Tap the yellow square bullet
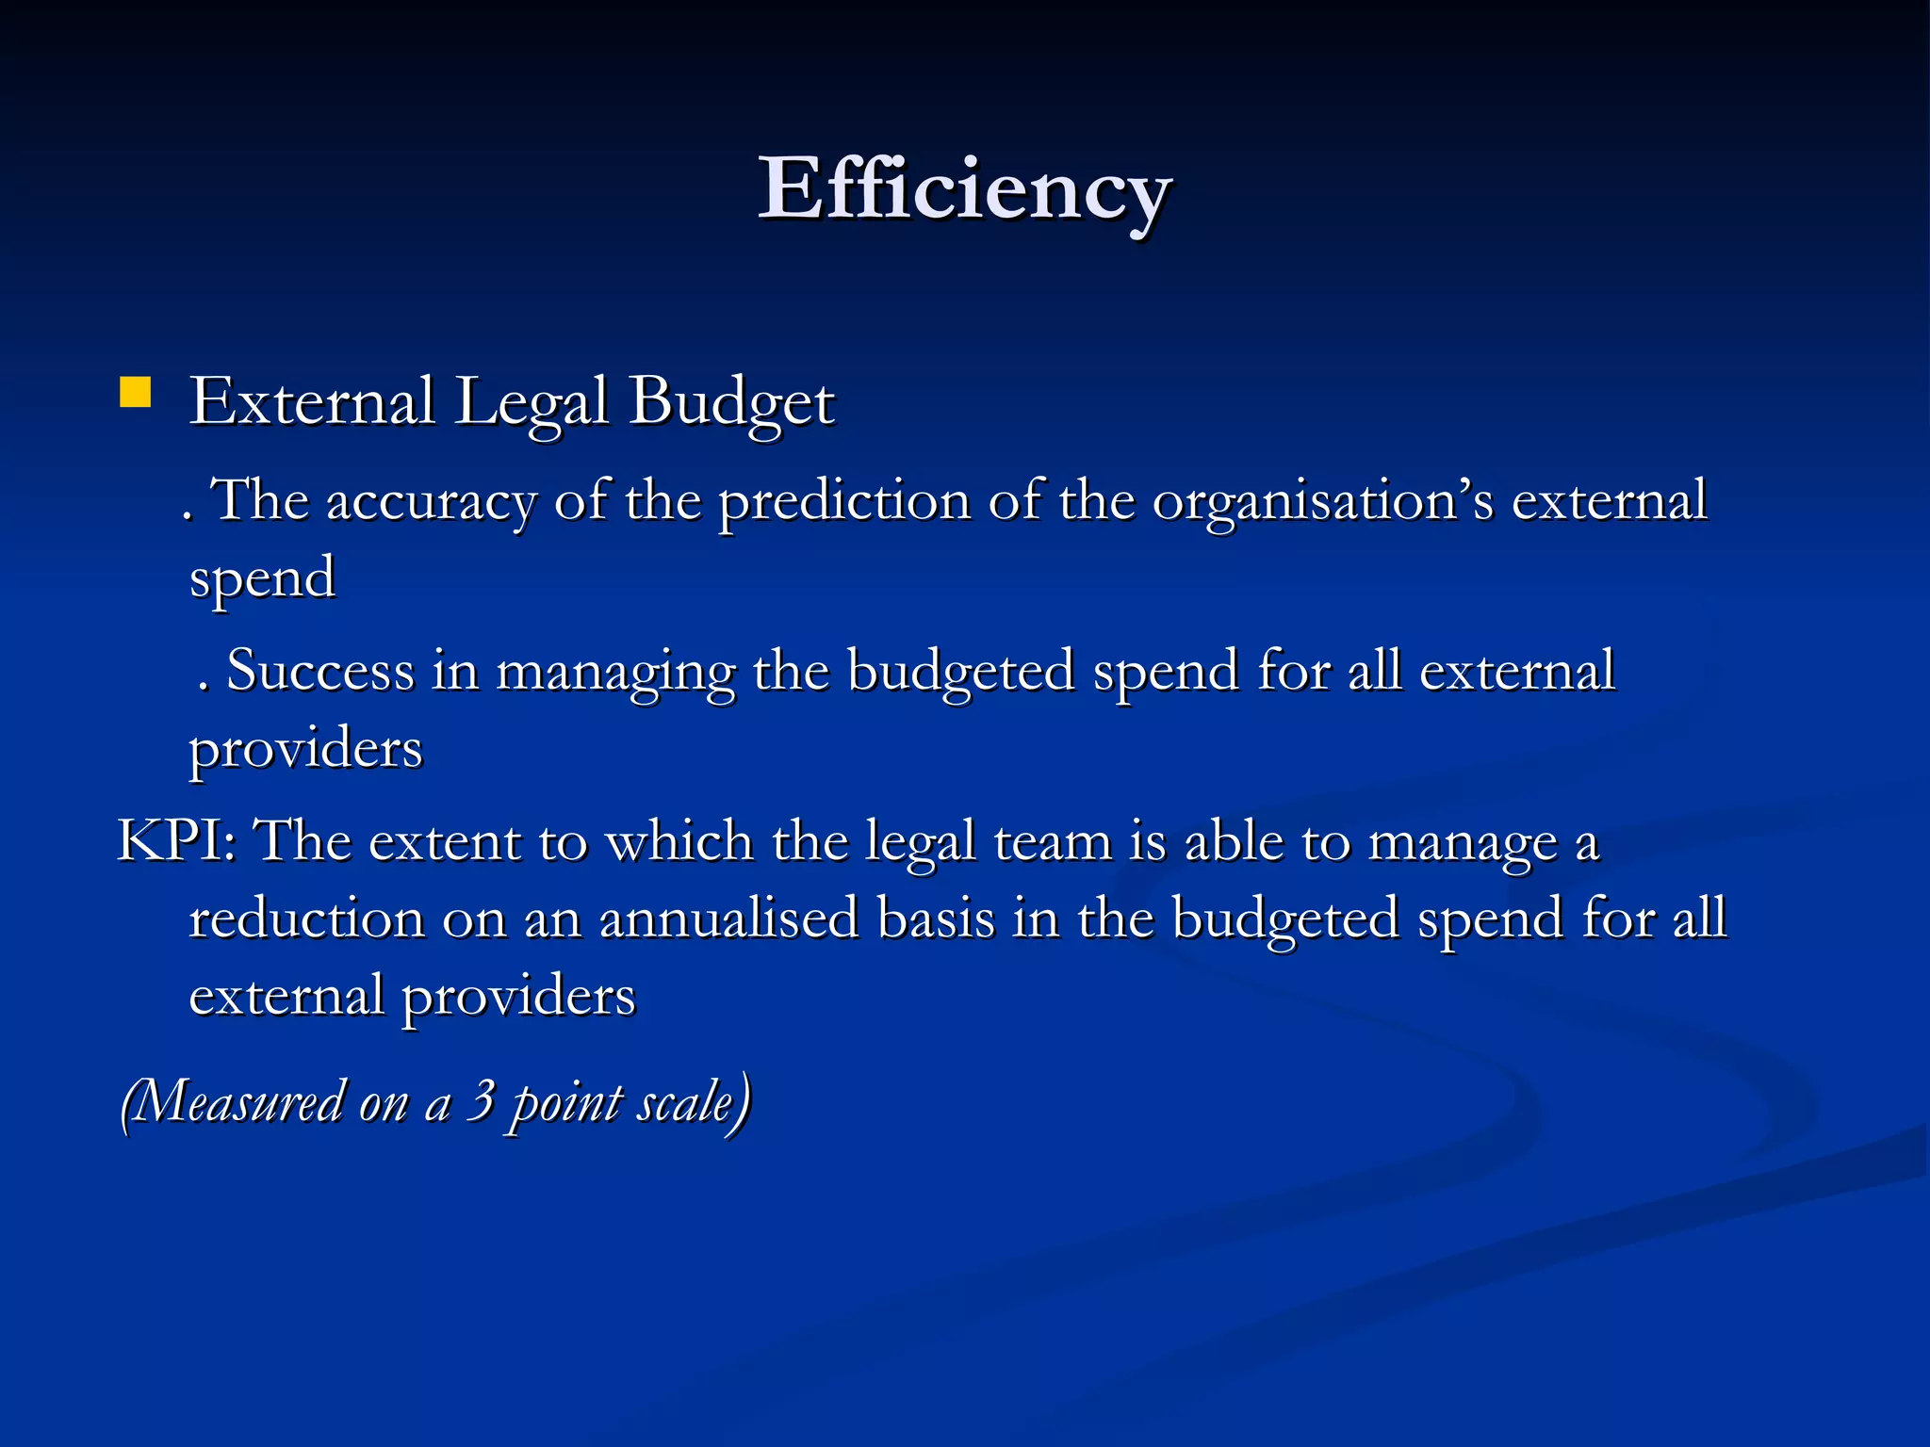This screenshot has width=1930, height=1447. [x=136, y=392]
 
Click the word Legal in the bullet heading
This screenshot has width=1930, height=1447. [x=532, y=402]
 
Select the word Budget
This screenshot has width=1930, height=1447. [x=731, y=402]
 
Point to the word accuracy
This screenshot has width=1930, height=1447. [x=431, y=501]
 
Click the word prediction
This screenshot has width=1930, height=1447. [x=844, y=501]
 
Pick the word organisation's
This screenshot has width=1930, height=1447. [x=1323, y=501]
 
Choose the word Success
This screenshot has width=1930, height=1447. [x=320, y=671]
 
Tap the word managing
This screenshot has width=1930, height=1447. [x=615, y=673]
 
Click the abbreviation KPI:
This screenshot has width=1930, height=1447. [x=176, y=840]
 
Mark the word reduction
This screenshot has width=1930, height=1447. [x=307, y=918]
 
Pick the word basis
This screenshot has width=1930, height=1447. [x=936, y=918]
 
